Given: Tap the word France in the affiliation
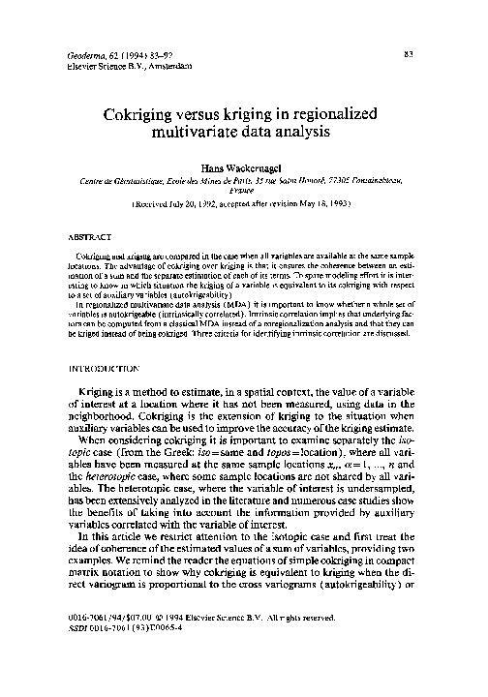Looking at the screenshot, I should (244, 192).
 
